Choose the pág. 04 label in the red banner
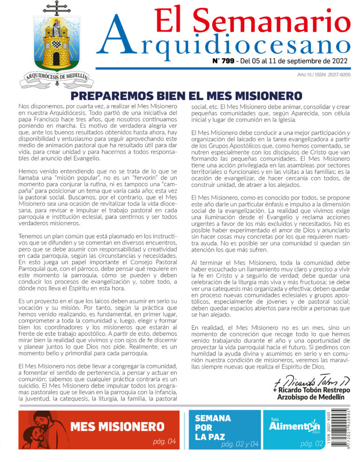click(164, 441)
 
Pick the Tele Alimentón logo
click(294, 425)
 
